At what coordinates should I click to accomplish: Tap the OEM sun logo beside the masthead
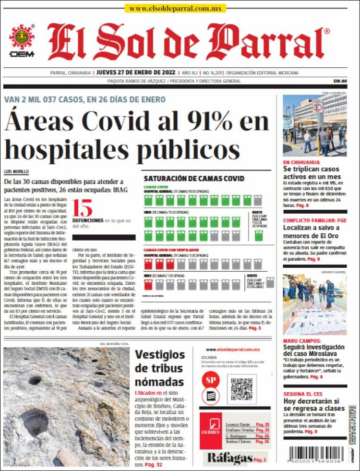coord(22,38)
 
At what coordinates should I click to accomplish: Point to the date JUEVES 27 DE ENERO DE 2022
coord(137,73)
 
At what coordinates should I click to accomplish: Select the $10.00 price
coord(339,81)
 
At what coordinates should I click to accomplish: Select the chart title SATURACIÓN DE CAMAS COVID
coord(194,178)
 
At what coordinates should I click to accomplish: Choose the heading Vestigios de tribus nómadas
coord(159,368)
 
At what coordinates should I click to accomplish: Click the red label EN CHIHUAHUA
coord(301,162)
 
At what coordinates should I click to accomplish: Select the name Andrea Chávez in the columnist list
coord(238,441)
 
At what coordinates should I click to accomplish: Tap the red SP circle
coord(210,378)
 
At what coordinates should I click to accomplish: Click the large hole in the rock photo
coord(35,422)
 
